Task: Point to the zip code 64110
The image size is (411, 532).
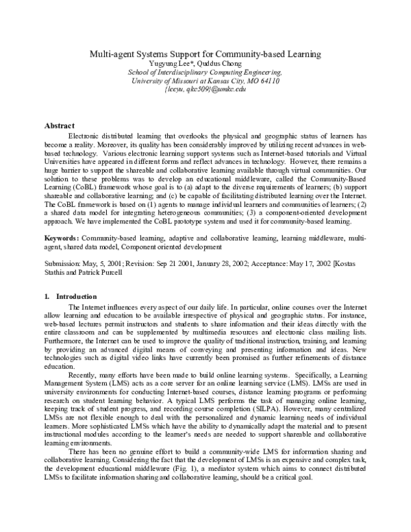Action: click(267, 80)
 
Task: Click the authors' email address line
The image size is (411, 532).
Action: click(205, 89)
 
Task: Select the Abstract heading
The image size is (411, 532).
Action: click(59, 126)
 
